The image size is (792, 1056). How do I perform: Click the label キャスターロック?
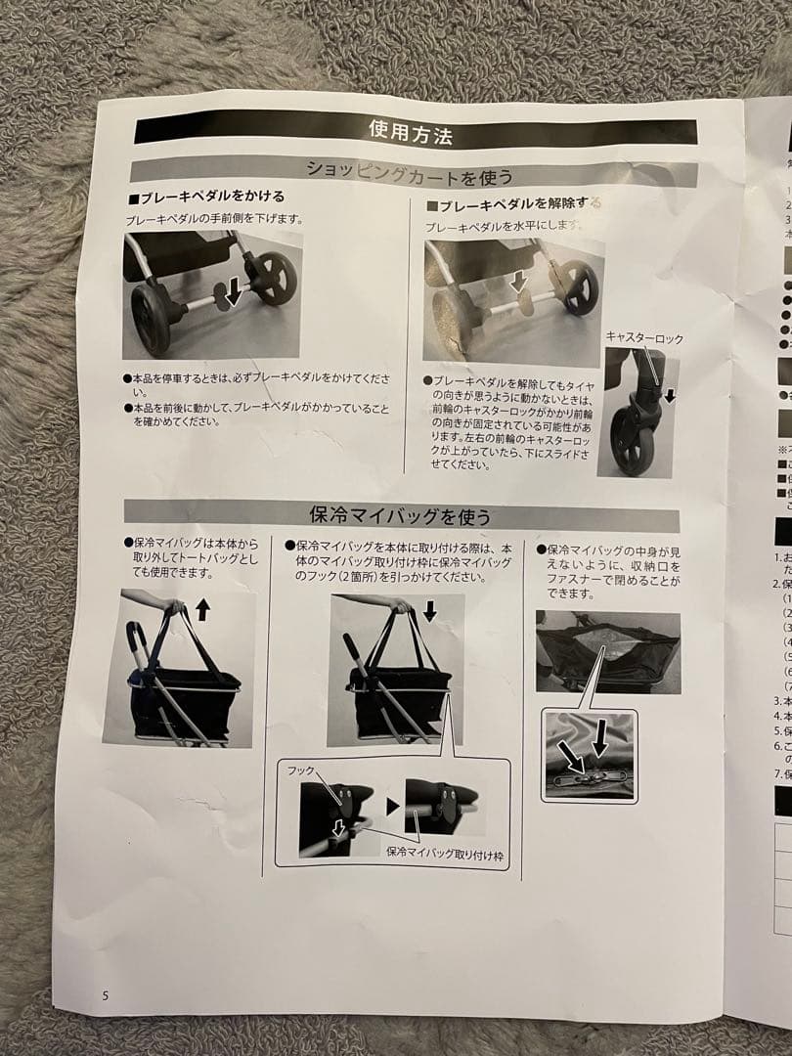tap(644, 338)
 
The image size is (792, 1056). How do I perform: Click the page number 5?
tap(106, 995)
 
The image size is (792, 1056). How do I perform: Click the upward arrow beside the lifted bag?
tap(202, 610)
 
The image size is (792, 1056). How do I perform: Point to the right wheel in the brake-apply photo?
tap(276, 278)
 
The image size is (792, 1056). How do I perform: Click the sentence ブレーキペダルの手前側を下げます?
tap(207, 220)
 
